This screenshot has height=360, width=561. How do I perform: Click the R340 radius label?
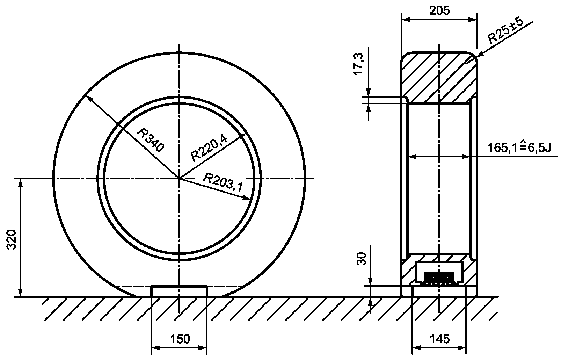coord(151,140)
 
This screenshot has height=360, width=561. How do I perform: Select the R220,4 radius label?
coord(209,148)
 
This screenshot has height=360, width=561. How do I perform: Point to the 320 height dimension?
coord(12,239)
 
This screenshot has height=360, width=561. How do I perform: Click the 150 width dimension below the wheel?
coord(180,339)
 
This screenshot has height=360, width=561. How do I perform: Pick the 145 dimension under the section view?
coord(440,339)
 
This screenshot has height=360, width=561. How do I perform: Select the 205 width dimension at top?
coord(439,10)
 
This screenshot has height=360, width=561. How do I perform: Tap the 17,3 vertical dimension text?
coord(358,64)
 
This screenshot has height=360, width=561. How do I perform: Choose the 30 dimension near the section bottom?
coord(362,259)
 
